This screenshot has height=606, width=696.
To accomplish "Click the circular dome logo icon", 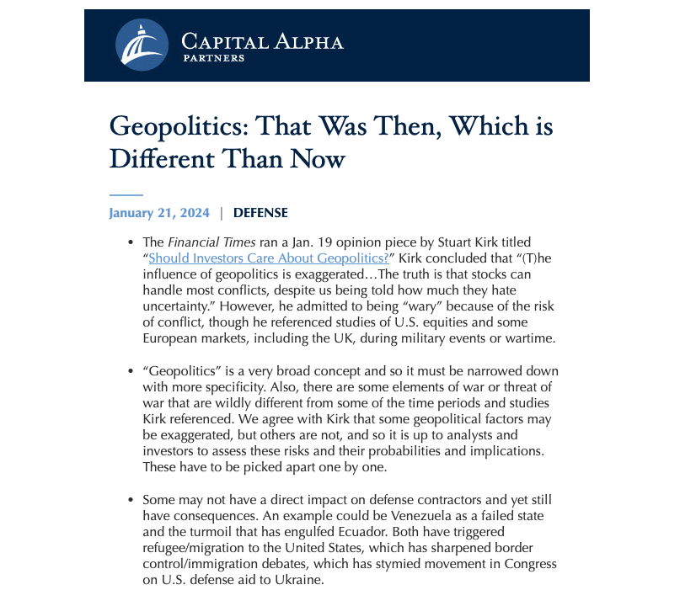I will click(139, 45).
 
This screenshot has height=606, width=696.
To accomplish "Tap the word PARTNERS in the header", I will click(213, 59).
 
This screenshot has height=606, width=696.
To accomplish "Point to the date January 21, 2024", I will click(159, 213).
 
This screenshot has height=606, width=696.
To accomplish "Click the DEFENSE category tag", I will click(260, 213).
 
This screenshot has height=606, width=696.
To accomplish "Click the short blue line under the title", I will click(126, 194).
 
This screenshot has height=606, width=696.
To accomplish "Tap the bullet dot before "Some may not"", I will click(130, 500).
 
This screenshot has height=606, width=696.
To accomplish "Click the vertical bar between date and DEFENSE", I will click(222, 213).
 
